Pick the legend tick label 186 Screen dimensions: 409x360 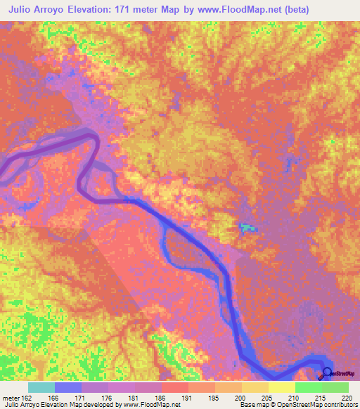(x=162, y=397)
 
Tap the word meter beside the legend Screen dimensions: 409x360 (x=10, y=397)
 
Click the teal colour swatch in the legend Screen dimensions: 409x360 (x=41, y=387)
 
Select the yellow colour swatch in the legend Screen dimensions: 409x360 (x=281, y=387)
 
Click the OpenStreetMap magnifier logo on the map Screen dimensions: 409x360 (x=326, y=372)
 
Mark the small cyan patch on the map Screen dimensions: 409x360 (x=245, y=226)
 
